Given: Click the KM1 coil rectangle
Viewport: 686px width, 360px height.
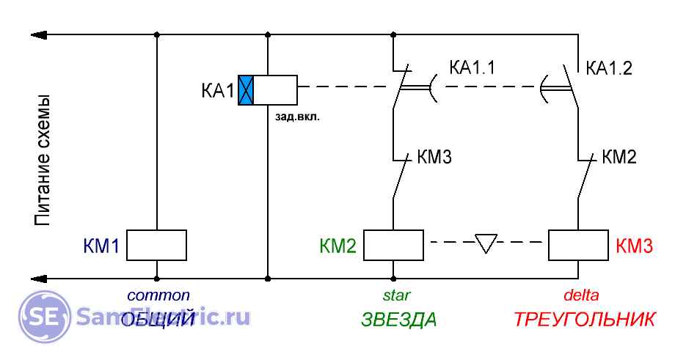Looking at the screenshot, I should click(x=156, y=245).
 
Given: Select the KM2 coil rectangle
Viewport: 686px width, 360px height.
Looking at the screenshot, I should click(x=394, y=245).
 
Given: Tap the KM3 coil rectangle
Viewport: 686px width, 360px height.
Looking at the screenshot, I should click(x=578, y=245).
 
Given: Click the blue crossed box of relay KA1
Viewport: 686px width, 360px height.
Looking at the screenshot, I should click(x=246, y=89).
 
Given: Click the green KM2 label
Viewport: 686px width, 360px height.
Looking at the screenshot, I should click(x=338, y=246).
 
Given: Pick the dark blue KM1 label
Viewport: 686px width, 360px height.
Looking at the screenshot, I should click(x=101, y=246).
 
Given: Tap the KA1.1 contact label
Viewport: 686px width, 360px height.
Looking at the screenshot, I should click(x=472, y=69).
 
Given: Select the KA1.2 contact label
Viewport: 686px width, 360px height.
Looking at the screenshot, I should click(x=609, y=69).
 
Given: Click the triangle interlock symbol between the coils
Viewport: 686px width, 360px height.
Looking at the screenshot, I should click(x=486, y=243).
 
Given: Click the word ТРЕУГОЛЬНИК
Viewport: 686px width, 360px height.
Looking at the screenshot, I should click(x=584, y=320).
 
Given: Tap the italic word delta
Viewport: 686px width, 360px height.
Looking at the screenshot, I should click(x=581, y=295).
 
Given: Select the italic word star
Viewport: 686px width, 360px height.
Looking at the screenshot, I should click(x=396, y=295).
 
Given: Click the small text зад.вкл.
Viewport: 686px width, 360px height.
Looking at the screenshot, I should click(x=297, y=116).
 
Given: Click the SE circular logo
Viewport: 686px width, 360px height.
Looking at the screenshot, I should click(x=43, y=316).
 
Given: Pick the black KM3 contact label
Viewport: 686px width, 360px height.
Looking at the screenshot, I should click(x=434, y=157).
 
